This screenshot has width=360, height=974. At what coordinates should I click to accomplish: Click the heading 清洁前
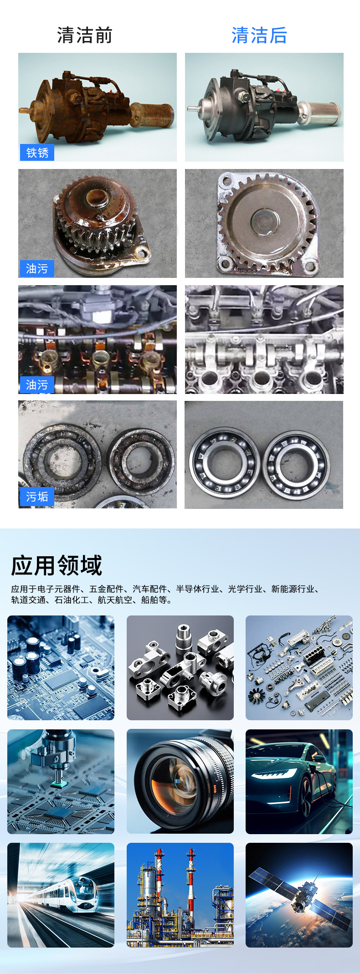85,36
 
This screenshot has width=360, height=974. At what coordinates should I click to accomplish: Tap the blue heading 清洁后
259,36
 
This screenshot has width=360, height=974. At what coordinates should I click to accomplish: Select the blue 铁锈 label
37,153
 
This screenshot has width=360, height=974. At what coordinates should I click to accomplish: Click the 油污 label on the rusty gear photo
37,269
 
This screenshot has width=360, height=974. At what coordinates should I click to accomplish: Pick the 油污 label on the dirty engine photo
37,385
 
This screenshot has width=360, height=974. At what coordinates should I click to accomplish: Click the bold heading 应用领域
57,566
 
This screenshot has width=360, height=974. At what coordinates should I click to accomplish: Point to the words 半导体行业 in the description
197,589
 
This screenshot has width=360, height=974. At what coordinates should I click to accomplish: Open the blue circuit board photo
61,668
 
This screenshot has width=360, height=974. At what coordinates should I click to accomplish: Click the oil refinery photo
180,895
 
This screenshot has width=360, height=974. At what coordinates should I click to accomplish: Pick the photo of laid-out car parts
299,668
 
